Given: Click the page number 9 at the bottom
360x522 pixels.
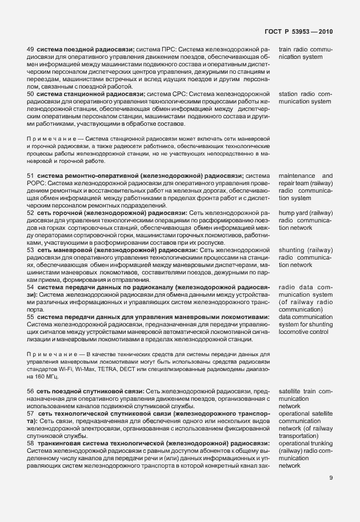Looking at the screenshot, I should (331, 479).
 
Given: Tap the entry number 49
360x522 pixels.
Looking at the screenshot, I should (31, 50).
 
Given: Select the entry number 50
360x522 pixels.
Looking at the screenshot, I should (31, 94).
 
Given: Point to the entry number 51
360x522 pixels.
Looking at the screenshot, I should (31, 176).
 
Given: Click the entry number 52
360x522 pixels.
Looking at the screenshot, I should (31, 213).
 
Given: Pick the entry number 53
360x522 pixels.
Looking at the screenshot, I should (31, 250).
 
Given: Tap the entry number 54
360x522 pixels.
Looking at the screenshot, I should (31, 287).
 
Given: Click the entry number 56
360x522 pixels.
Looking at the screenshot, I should (31, 391).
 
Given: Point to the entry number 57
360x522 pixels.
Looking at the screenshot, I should (31, 413).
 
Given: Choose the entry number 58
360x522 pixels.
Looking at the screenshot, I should (31, 443).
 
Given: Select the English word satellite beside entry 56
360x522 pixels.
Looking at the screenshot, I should (291, 391).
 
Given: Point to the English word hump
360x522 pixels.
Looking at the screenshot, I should (287, 213).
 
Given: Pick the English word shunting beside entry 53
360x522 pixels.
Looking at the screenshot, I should (293, 250).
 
